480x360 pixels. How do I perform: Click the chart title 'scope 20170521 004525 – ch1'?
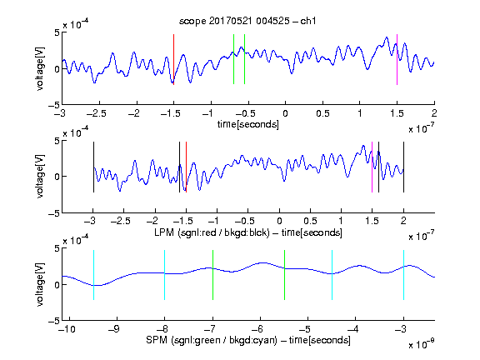click(247, 21)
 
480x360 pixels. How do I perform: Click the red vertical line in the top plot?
click(173, 59)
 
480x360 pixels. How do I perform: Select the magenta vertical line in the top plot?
click(397, 59)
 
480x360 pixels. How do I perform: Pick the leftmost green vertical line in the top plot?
click(233, 59)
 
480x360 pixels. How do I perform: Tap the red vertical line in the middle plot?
click(186, 167)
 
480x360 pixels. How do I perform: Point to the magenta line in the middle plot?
click(372, 167)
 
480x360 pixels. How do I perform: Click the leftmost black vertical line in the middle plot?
click(93, 167)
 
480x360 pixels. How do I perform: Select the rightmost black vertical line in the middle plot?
click(403, 167)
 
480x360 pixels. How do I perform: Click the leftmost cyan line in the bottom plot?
click(93, 275)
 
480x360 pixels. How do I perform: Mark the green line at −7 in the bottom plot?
click(212, 275)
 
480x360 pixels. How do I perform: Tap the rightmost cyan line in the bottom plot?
click(403, 275)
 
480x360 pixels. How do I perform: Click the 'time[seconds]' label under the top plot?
click(248, 124)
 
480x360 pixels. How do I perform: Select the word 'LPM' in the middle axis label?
click(164, 232)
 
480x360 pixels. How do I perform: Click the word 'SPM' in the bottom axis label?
click(157, 340)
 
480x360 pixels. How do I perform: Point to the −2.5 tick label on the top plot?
click(96, 113)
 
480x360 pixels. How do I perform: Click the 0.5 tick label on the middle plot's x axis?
click(310, 221)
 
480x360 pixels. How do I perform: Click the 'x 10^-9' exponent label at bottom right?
click(421, 344)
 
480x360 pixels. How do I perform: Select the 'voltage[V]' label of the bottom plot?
click(40, 284)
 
